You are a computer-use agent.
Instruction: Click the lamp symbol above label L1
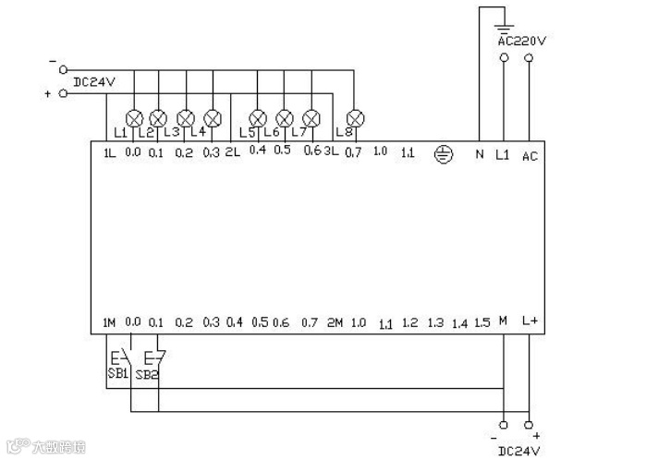134,118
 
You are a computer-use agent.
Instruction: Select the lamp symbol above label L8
353,118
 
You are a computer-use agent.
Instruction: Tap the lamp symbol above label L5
258,118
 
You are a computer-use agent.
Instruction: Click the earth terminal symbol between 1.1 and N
444,154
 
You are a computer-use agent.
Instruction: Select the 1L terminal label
110,152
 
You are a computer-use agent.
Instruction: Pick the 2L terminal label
233,152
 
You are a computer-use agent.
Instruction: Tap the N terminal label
479,155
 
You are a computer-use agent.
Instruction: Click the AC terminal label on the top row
530,156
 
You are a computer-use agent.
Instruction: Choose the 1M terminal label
109,322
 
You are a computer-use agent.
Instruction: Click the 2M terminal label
335,322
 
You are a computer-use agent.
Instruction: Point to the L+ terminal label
530,321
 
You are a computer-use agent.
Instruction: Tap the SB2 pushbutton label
147,375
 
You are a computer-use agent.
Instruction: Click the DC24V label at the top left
93,81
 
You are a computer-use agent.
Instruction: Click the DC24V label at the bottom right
518,450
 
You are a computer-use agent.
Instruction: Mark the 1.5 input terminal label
481,322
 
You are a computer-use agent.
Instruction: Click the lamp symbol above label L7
311,118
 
